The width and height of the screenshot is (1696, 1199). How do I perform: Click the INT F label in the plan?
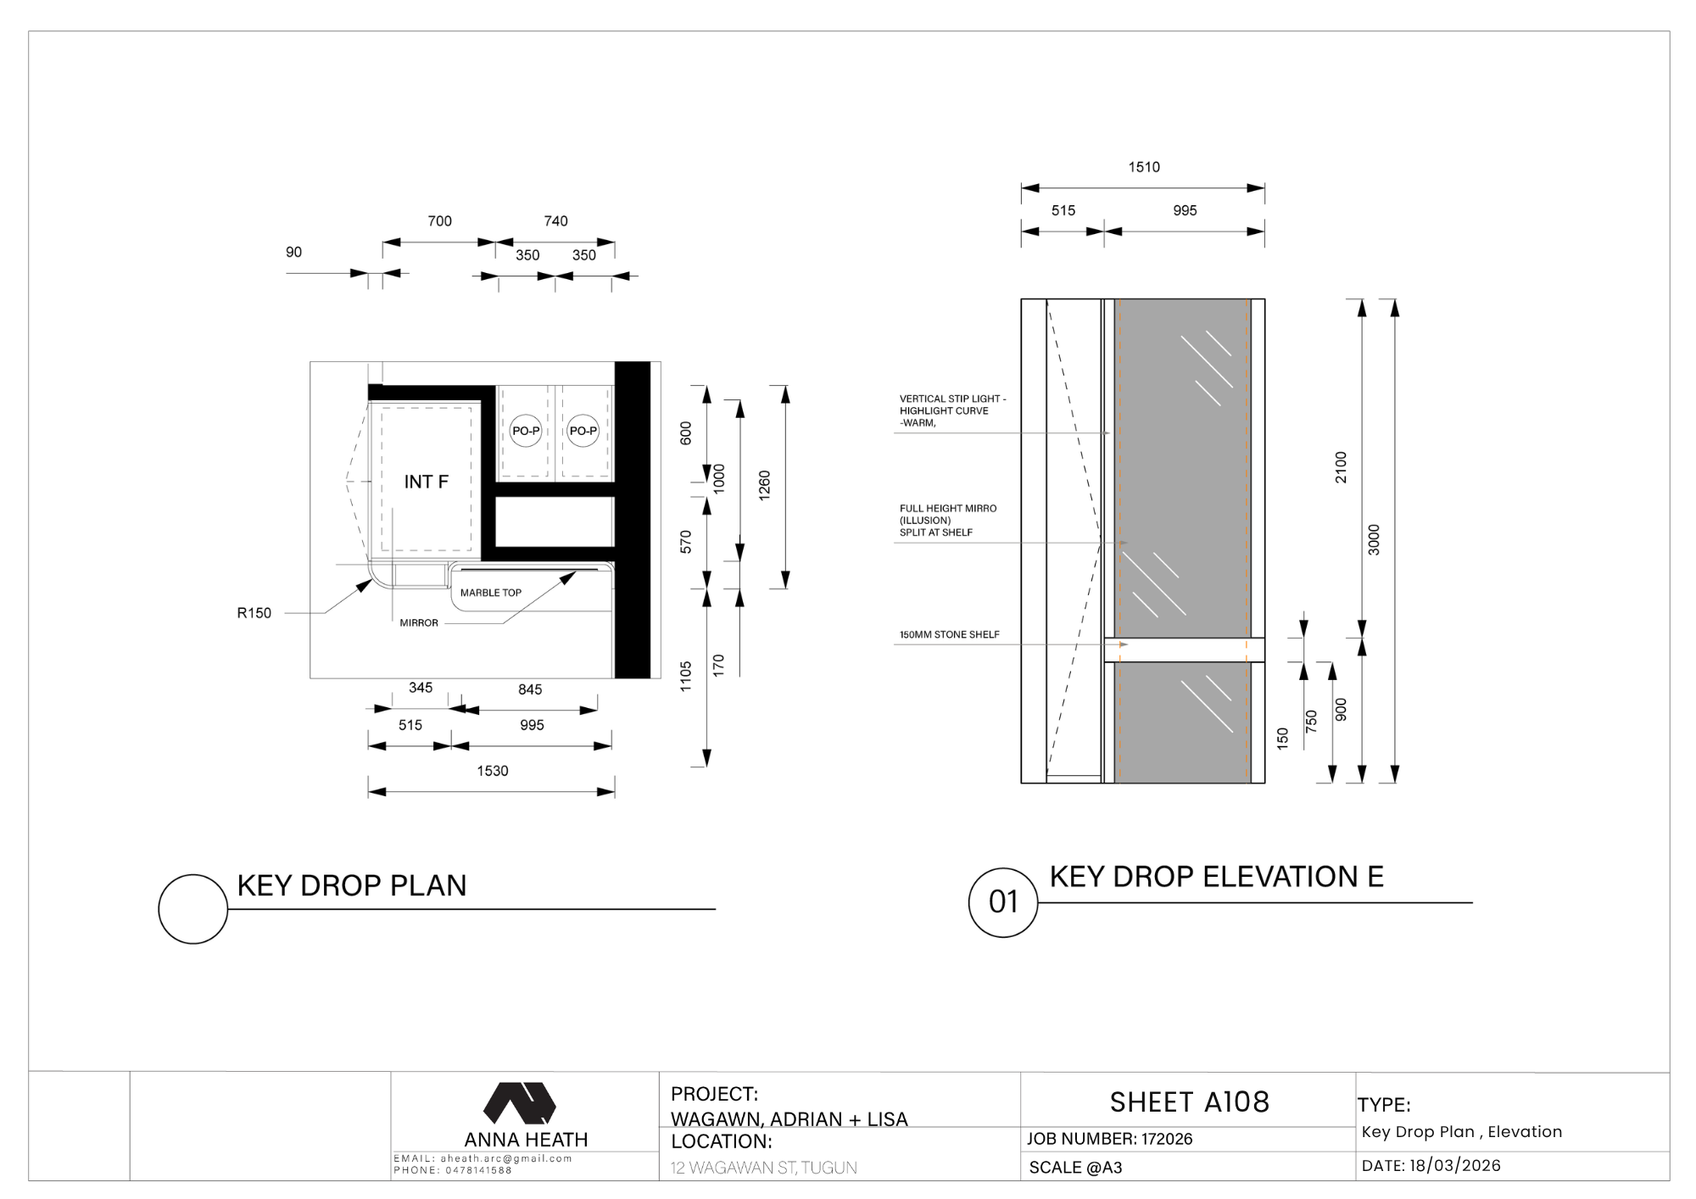[x=426, y=482]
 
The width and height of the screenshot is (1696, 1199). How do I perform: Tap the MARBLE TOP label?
[x=491, y=593]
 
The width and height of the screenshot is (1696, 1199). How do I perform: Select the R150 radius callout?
[x=254, y=613]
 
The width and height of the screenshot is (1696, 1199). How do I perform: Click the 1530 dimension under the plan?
[x=493, y=771]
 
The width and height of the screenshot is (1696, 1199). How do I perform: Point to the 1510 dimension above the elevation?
[x=1144, y=167]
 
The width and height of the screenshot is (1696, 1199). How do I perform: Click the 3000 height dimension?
[x=1375, y=540]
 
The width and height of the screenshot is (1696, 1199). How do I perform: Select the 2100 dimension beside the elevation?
[x=1341, y=467]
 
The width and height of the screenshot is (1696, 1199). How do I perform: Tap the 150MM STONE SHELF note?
[x=950, y=634]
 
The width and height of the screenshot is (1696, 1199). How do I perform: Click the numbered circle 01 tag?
[x=1003, y=902]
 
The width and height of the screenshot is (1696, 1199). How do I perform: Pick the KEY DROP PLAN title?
[x=352, y=885]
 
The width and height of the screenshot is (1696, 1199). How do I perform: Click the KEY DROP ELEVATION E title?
[x=1217, y=876]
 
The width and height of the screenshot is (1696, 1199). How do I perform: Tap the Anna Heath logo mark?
[x=520, y=1103]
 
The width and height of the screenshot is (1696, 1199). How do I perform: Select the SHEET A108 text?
[x=1190, y=1101]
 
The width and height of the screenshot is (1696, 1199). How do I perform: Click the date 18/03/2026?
[x=1455, y=1166]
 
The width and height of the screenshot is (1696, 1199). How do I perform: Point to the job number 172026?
[x=1167, y=1139]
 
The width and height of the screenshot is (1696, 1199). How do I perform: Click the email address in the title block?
[x=506, y=1158]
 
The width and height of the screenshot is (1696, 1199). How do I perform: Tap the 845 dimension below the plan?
[x=530, y=689]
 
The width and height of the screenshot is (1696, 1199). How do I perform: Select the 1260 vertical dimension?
[x=764, y=486]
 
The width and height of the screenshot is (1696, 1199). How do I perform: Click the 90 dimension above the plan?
[x=293, y=252]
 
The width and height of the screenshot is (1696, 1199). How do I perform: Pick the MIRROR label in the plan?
[x=419, y=623]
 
